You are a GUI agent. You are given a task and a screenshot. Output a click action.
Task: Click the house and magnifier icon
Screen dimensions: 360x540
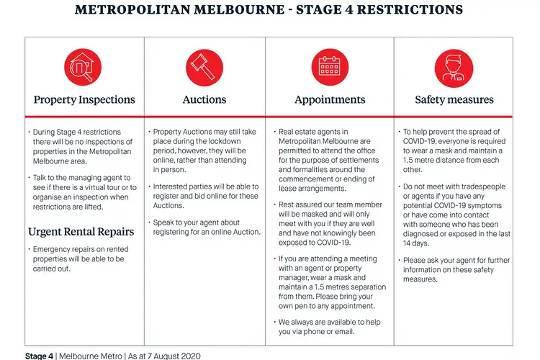click(x=84, y=68)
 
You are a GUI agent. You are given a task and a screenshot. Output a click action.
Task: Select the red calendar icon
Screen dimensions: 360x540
click(x=329, y=68)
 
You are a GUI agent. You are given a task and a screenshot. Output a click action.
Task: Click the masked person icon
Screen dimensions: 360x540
click(x=454, y=68)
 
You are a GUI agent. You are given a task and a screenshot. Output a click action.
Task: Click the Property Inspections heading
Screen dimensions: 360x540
click(x=84, y=100)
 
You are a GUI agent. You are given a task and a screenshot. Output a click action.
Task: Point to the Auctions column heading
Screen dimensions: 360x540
click(x=204, y=100)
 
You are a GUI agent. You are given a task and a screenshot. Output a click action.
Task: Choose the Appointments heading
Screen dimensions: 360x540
click(x=330, y=100)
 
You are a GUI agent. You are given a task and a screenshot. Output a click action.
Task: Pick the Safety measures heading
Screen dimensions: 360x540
click(x=454, y=100)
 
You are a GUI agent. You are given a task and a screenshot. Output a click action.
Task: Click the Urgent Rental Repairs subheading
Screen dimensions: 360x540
click(x=81, y=232)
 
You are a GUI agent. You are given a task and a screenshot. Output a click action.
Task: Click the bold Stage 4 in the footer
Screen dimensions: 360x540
click(x=40, y=356)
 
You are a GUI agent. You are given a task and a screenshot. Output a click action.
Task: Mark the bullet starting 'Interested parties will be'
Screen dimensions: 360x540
click(x=206, y=197)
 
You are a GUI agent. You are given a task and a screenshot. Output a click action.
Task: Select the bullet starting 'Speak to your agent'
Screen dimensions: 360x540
click(x=206, y=228)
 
